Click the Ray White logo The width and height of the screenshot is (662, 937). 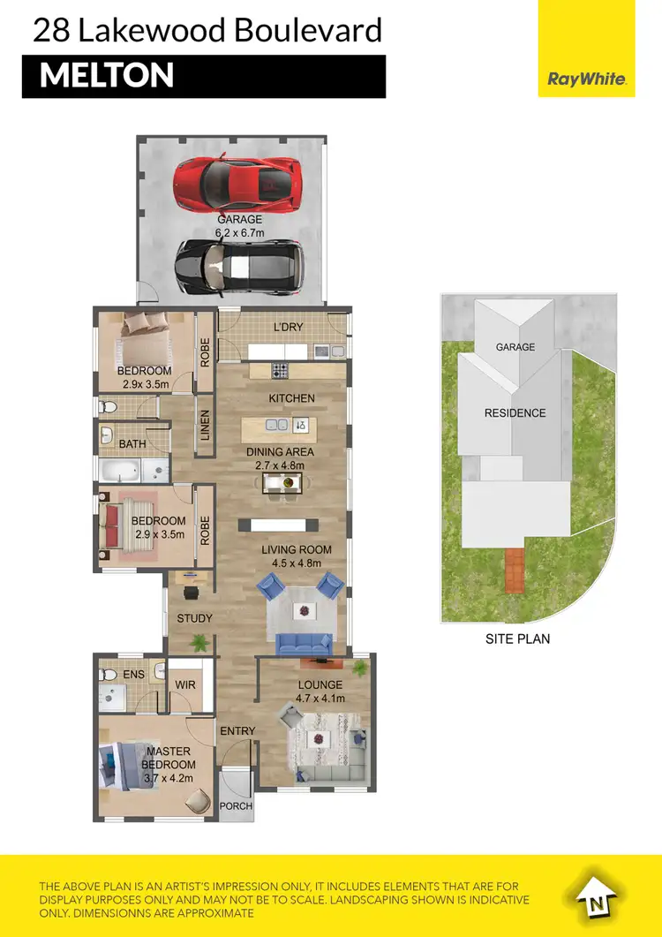pyautogui.click(x=587, y=79)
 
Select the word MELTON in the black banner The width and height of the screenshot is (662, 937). pyautogui.click(x=107, y=75)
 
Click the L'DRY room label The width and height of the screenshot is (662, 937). pyautogui.click(x=288, y=327)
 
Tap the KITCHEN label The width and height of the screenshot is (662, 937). pyautogui.click(x=292, y=398)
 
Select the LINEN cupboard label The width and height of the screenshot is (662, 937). pyautogui.click(x=204, y=427)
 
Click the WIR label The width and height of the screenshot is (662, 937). pyautogui.click(x=185, y=684)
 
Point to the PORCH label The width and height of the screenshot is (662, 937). pyautogui.click(x=237, y=806)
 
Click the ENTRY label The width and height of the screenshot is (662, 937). pyautogui.click(x=237, y=731)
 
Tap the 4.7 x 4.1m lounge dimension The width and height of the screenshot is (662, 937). pyautogui.click(x=320, y=699)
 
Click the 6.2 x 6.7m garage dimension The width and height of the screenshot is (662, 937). pyautogui.click(x=240, y=233)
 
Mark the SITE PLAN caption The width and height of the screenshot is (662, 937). pyautogui.click(x=517, y=639)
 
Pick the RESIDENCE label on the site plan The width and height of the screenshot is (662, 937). pyautogui.click(x=515, y=413)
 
